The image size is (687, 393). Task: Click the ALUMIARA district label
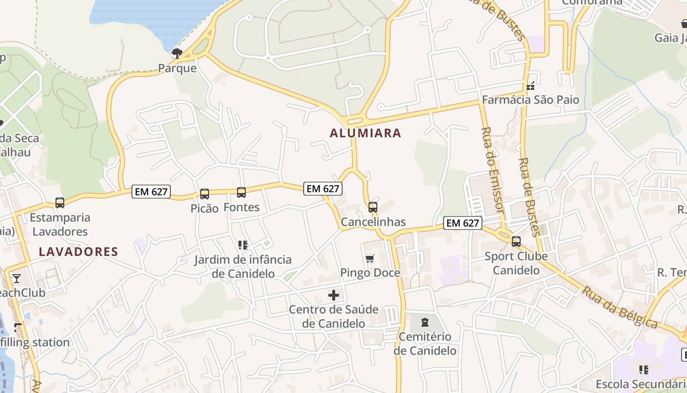point(365,133)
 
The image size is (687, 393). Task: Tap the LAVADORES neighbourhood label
point(79,252)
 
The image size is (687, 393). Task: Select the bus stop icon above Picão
point(205,194)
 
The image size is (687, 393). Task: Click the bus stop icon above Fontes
point(241,193)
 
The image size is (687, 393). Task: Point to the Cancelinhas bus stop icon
point(373,207)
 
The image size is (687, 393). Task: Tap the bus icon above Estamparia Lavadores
point(60,202)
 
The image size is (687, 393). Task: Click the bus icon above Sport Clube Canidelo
point(516,242)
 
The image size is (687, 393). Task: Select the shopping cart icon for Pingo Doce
point(370,258)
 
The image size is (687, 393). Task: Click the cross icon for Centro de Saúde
point(334,295)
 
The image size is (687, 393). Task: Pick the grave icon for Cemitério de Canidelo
point(425,322)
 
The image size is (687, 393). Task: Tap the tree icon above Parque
point(177,54)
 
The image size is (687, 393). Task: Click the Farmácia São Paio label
point(530,100)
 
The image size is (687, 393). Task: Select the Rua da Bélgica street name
point(620,307)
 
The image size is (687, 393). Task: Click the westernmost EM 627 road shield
point(151,192)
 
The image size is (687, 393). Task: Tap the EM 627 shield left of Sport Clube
point(462,223)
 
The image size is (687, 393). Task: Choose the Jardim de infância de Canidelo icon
point(242,245)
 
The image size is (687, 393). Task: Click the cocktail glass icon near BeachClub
point(17,279)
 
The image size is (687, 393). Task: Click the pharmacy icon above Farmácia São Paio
point(530,86)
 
